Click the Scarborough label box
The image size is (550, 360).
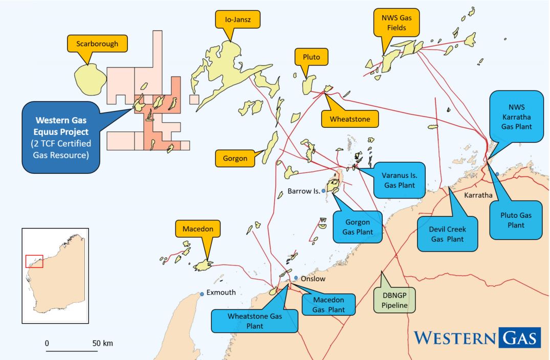pyautogui.click(x=97, y=44)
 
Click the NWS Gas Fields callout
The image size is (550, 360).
pyautogui.click(x=397, y=24)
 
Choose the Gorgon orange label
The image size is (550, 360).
pyautogui.click(x=235, y=159)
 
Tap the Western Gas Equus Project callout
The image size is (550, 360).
pyautogui.click(x=60, y=138)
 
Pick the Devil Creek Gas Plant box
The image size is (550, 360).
pyautogui.click(x=447, y=234)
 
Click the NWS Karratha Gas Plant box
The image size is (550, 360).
pyautogui.click(x=516, y=117)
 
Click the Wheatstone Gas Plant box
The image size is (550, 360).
pyautogui.click(x=255, y=320)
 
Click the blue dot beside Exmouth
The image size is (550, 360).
pyautogui.click(x=202, y=294)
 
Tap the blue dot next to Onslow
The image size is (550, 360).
pyautogui.click(x=296, y=278)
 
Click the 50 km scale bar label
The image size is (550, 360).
pyautogui.click(x=103, y=343)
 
